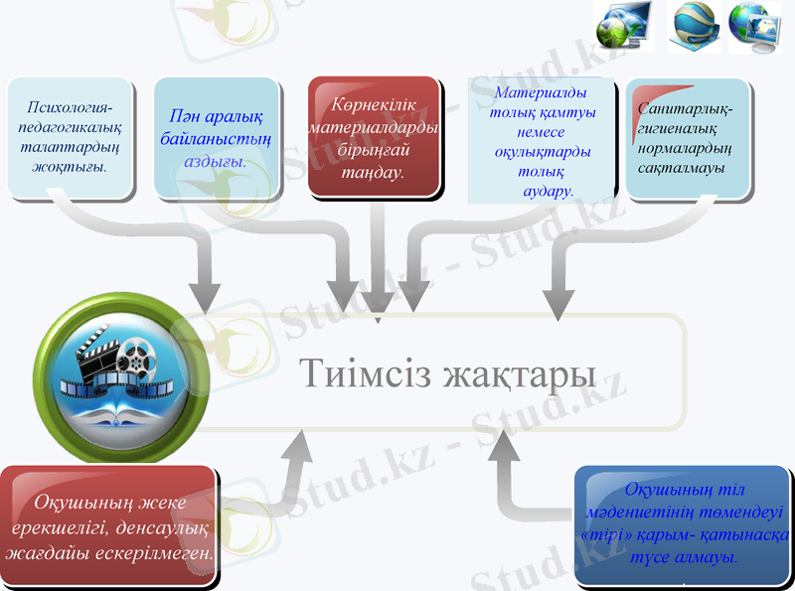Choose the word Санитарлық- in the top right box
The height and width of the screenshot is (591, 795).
(686, 107)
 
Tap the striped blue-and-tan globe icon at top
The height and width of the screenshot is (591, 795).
(692, 25)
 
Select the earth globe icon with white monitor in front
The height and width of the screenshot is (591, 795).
(754, 25)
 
